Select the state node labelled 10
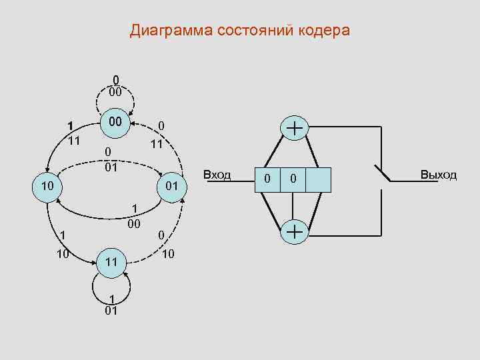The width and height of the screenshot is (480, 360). pos(46,184)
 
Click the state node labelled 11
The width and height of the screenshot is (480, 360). pos(111,263)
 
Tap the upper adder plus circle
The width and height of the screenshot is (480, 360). pos(294,128)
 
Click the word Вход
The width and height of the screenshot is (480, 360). pos(217,175)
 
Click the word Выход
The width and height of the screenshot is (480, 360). pos(439,175)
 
